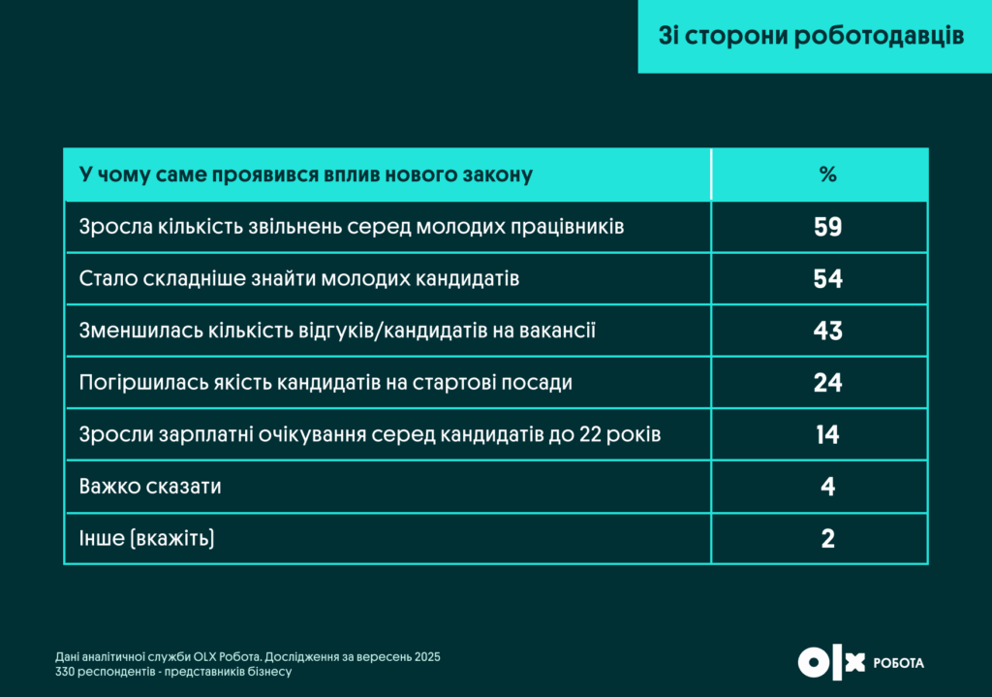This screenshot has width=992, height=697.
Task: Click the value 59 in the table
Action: coord(827,227)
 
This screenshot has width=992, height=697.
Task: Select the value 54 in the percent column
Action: coord(827,279)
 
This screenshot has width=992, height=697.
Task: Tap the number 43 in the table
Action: coord(827,331)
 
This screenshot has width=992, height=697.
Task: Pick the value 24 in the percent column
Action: coord(827,383)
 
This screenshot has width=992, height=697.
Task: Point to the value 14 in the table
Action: coord(827,434)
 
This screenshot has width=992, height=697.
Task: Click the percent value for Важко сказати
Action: coord(827,487)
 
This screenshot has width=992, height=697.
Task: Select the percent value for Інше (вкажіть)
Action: coord(827,538)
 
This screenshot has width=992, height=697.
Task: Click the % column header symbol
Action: coord(827,175)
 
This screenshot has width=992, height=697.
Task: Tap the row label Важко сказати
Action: coord(150,487)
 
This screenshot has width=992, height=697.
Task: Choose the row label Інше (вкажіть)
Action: coord(146,538)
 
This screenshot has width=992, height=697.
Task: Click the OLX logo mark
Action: coord(830,662)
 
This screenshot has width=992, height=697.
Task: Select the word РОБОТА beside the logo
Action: coord(899,663)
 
